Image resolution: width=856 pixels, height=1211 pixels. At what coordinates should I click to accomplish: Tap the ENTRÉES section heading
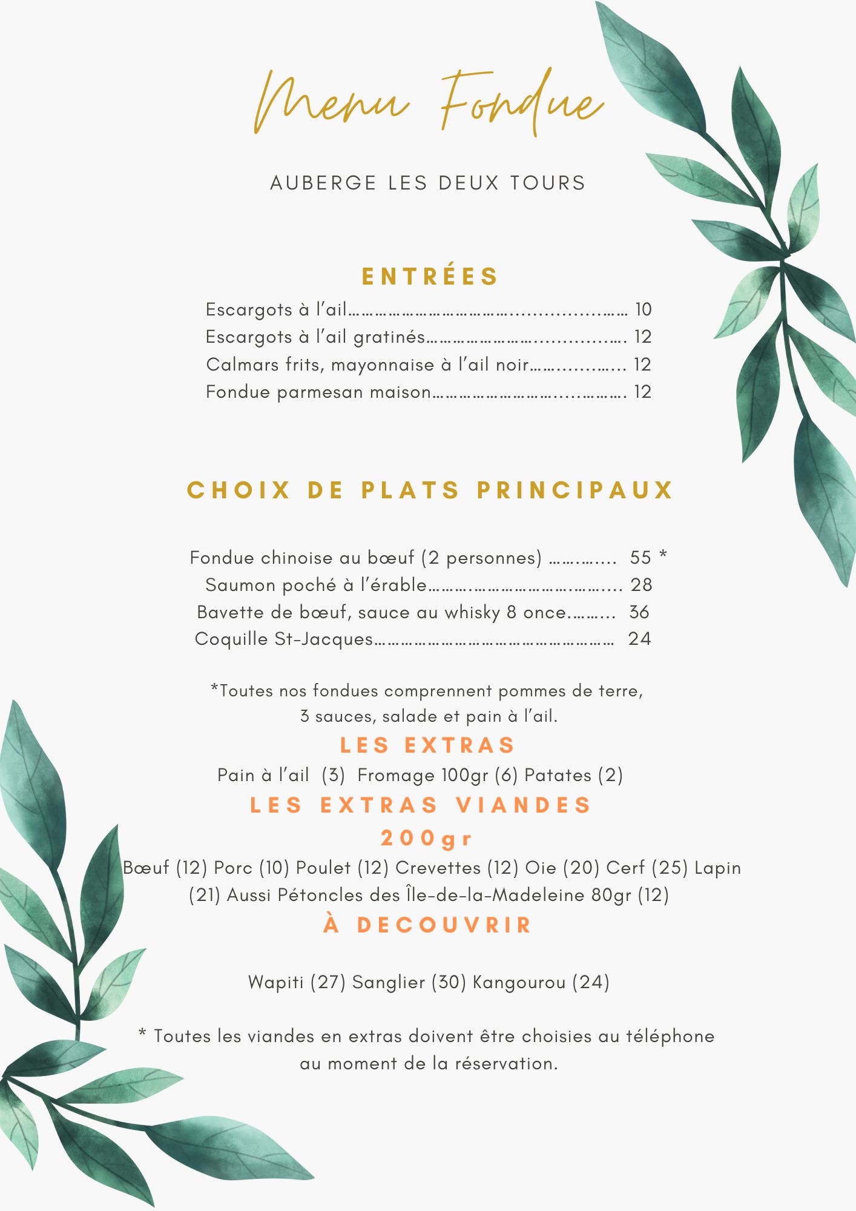[430, 277]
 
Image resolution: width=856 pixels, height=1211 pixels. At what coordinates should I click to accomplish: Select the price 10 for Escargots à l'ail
[643, 309]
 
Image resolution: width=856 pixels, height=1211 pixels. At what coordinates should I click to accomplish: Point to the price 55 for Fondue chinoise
[640, 557]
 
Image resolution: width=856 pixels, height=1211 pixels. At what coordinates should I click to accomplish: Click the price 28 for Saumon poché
[641, 584]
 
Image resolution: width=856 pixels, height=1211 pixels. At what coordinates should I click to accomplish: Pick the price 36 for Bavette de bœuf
[639, 612]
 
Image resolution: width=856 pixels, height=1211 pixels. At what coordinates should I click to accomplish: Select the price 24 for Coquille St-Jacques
[639, 639]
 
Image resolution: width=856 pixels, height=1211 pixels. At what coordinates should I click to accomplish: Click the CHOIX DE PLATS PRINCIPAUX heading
[430, 490]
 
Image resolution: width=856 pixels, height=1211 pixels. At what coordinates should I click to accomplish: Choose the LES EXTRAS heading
[427, 745]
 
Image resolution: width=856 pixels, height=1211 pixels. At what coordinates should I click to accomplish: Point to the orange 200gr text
[426, 839]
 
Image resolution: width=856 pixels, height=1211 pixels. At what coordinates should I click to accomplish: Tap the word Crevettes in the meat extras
[438, 868]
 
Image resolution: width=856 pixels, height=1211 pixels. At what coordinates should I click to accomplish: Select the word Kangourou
[519, 982]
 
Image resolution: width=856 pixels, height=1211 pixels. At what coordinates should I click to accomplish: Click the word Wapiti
[276, 982]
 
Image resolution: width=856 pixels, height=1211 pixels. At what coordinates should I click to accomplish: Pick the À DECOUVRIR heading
[427, 925]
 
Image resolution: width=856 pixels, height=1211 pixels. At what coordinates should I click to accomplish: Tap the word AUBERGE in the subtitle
[323, 183]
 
